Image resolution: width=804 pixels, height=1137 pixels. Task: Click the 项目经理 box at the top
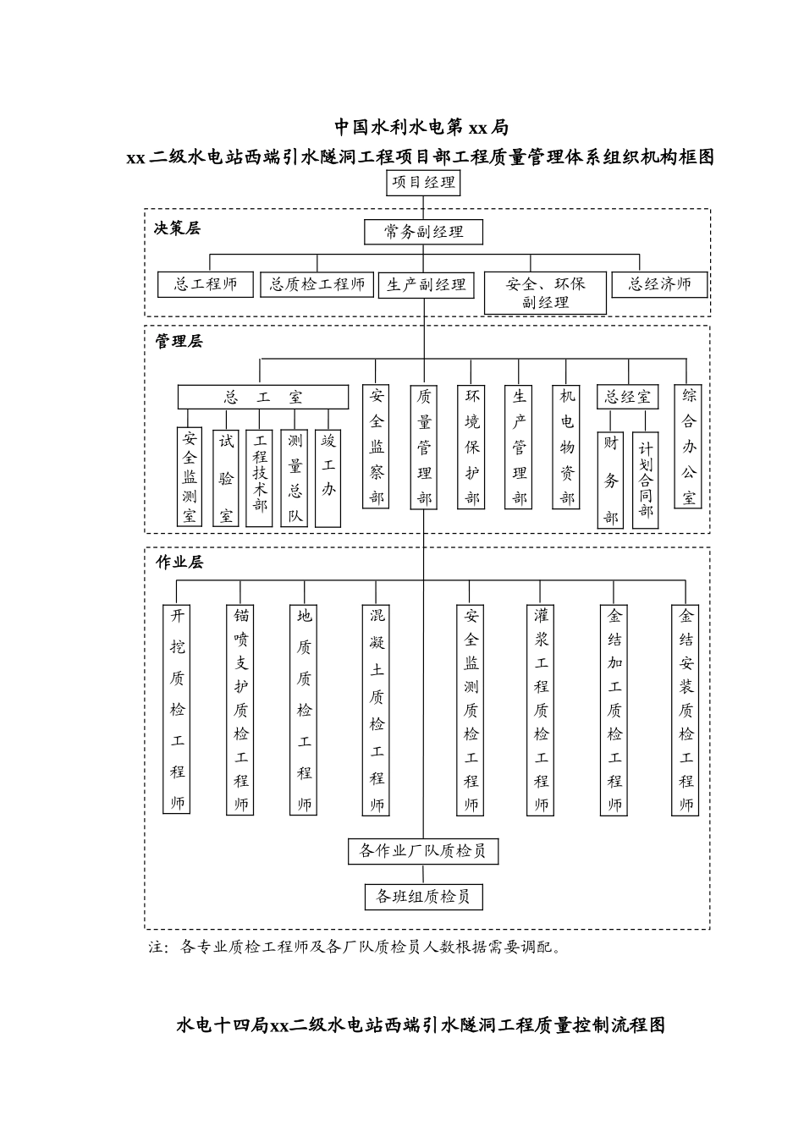[x=423, y=182]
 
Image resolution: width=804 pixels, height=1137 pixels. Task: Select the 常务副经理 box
[x=424, y=232]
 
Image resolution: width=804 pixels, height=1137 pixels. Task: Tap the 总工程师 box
[x=206, y=284]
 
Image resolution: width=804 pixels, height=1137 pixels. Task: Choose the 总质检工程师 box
[x=317, y=284]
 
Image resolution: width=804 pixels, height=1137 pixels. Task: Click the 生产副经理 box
[x=427, y=285]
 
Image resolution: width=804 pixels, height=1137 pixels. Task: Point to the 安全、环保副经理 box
[x=545, y=293]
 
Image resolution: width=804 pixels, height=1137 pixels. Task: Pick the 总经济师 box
[x=659, y=284]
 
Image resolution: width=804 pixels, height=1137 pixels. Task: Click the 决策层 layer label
[x=177, y=228]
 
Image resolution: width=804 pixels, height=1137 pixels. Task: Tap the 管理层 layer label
[x=179, y=342]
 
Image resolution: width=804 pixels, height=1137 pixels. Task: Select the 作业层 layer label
[x=179, y=562]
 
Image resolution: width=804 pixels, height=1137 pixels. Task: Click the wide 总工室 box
[x=262, y=397]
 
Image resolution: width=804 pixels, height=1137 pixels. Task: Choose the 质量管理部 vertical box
[x=424, y=447]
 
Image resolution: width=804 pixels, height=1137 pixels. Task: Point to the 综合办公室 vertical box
[x=689, y=446]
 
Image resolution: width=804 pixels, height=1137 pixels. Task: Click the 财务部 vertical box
[x=611, y=479]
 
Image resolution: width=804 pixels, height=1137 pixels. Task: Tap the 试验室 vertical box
[x=226, y=477]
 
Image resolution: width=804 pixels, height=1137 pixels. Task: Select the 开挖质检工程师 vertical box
[x=177, y=709]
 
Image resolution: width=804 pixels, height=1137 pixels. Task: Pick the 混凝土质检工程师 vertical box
[x=377, y=709]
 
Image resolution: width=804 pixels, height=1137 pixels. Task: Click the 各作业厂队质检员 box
[x=423, y=851]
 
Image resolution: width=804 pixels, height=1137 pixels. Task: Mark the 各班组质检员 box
[x=423, y=897]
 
